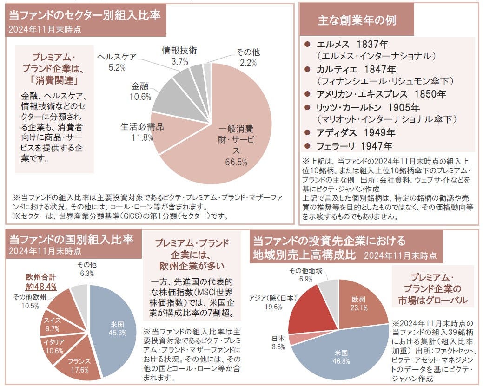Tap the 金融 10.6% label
(x=141, y=92)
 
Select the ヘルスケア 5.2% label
(x=117, y=62)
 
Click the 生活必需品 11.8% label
(x=143, y=132)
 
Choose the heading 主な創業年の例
(x=357, y=21)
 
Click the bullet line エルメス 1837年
(x=352, y=45)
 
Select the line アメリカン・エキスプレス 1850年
(x=381, y=94)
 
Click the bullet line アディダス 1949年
(x=355, y=132)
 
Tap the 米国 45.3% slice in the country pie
(x=113, y=327)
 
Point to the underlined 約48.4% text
(x=41, y=287)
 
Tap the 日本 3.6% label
(x=278, y=342)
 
